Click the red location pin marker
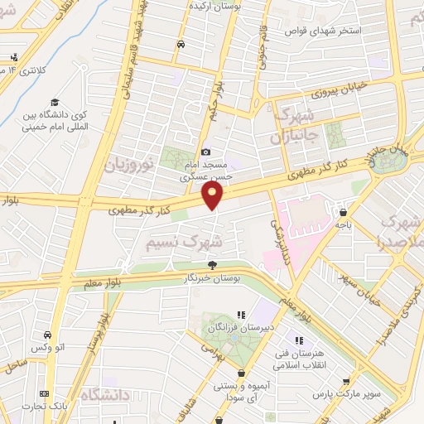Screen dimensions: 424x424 [x=214, y=195]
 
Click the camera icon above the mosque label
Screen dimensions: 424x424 [x=206, y=152]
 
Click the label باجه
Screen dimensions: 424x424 [x=343, y=224]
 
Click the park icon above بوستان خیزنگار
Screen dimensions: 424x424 [x=213, y=266]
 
